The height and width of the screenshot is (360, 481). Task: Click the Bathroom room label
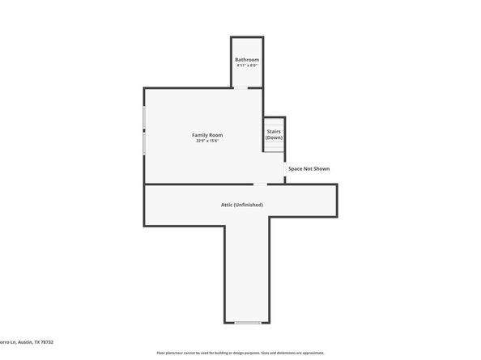(247, 60)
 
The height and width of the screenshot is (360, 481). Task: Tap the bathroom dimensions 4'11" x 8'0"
(247, 66)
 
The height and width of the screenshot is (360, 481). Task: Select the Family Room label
(207, 134)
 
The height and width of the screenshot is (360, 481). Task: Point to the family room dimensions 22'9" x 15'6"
(207, 141)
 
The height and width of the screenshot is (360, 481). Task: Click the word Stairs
(274, 131)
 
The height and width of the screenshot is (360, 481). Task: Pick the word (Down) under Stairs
(274, 138)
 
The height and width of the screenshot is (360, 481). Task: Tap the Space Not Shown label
(309, 168)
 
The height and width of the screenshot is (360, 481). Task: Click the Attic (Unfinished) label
(242, 205)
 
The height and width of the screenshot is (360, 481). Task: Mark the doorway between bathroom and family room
(241, 87)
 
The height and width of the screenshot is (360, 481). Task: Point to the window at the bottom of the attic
(247, 323)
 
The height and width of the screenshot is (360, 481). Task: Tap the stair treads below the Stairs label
(274, 146)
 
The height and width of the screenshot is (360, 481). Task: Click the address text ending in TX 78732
(24, 343)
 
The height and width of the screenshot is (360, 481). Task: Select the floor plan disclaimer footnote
(240, 353)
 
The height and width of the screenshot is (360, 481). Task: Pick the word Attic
(228, 205)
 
